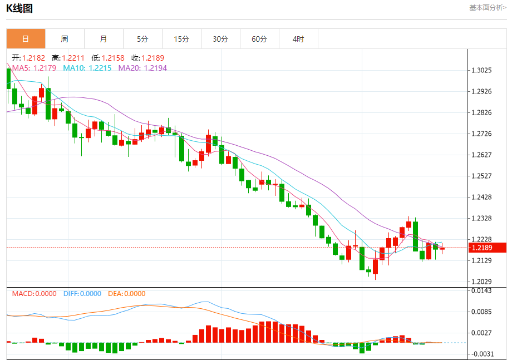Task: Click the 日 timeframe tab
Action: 26,39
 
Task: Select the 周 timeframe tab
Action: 65,39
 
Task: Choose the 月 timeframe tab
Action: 104,39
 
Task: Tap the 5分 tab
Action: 142,39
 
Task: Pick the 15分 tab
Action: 181,39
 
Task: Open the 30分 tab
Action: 220,39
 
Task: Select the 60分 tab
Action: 259,39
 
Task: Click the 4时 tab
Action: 298,39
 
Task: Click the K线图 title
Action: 19,8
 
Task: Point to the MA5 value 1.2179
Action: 45,68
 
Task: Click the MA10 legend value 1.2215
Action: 100,68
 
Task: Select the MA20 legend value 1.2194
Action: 155,68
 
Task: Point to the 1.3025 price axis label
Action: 481,70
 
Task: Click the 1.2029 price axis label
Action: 481,282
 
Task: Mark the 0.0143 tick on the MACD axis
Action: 481,290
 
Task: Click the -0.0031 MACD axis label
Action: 481,354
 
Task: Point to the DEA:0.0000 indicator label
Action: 126,294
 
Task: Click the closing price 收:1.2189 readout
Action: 147,58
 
